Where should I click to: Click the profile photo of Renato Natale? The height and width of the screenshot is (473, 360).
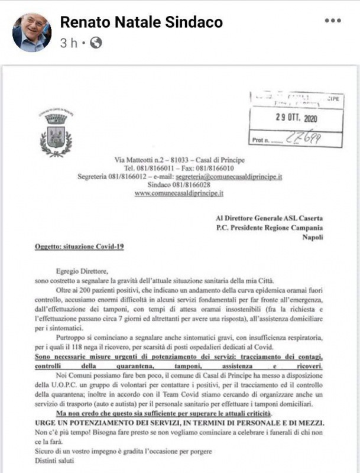point(32,33)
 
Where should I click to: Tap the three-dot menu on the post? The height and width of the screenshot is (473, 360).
point(333,21)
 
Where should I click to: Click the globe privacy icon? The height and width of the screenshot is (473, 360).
point(96,43)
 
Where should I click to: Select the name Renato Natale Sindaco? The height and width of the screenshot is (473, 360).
point(141,22)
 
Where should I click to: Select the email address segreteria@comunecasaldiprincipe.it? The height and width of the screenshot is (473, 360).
point(231,176)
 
